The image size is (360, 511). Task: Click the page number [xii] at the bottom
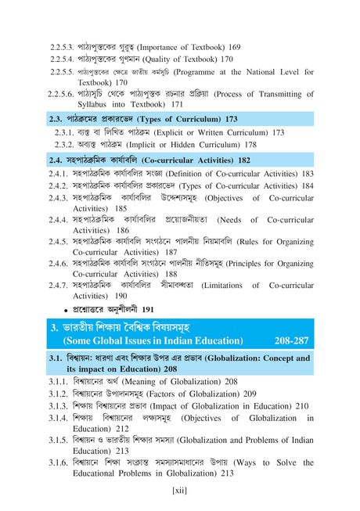click(x=180, y=489)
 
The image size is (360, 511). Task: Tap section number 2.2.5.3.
click(x=64, y=47)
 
